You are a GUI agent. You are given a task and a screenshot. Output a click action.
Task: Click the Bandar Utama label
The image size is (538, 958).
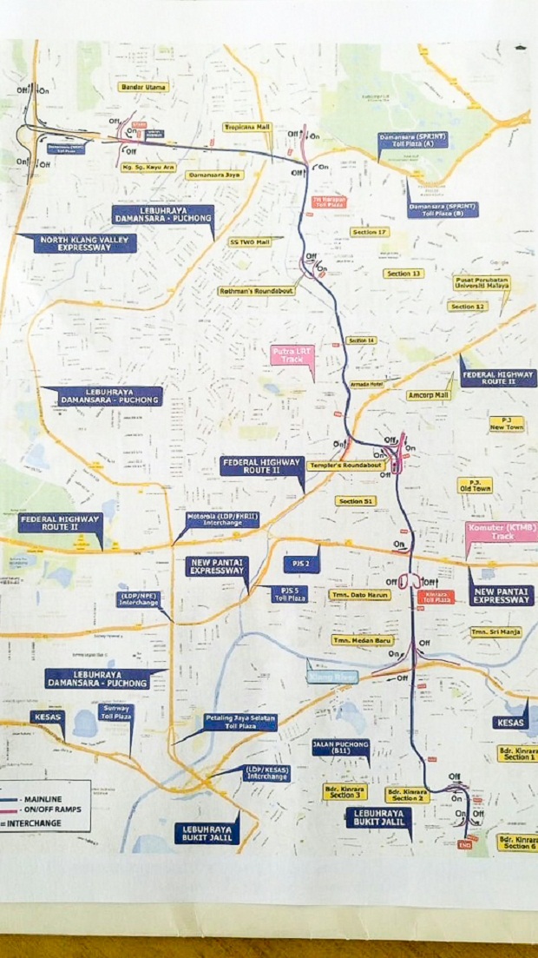click(x=143, y=87)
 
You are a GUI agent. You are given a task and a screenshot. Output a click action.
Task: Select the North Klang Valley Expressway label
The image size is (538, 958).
click(x=85, y=242)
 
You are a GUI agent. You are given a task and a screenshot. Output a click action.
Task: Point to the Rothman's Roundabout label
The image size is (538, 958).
click(x=256, y=291)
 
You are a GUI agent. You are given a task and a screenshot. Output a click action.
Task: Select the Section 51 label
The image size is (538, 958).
click(x=357, y=501)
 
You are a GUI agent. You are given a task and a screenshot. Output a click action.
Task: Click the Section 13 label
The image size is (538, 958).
click(x=403, y=274)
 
